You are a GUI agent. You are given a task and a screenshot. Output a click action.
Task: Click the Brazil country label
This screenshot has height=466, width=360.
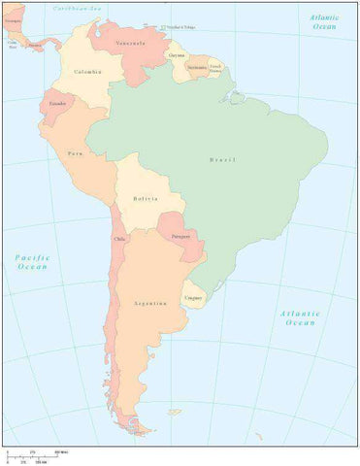click(x=222, y=159)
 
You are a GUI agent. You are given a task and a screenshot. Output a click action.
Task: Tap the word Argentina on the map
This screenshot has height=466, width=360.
click(x=150, y=303)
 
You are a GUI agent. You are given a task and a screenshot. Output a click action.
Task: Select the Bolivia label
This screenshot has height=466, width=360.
click(x=146, y=199)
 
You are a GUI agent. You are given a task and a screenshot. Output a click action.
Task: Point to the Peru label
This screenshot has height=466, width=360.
click(x=75, y=153)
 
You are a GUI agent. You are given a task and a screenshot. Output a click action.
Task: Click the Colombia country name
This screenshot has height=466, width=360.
click(x=86, y=70)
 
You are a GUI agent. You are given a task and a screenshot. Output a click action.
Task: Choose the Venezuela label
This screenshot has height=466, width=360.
click(x=131, y=44)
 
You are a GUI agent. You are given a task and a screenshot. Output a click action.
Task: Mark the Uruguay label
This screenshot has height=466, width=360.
click(x=194, y=295)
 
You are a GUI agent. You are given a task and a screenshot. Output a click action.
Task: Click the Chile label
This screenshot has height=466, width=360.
click(x=120, y=239)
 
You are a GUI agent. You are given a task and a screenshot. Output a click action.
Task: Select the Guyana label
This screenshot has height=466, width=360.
click(x=176, y=55)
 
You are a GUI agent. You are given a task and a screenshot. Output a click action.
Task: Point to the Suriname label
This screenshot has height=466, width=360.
click(x=197, y=67)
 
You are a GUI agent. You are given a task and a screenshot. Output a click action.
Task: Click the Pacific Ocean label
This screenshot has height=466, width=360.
click(x=32, y=261)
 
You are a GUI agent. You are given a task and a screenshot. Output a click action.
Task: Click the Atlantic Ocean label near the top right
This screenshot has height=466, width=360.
click(x=324, y=22)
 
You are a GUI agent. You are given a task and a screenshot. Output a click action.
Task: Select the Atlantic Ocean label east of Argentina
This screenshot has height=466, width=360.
click(x=299, y=317)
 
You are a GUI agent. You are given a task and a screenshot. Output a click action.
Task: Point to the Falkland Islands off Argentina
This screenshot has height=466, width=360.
click(x=175, y=412)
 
